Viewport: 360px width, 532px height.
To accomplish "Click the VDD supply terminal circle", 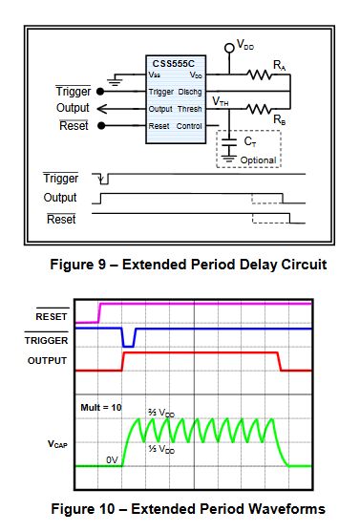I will click(x=229, y=47).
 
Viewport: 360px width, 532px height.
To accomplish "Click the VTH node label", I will click(x=221, y=100).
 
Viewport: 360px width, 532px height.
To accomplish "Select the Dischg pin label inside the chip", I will click(x=189, y=93).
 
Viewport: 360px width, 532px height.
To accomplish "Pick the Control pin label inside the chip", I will click(x=187, y=125).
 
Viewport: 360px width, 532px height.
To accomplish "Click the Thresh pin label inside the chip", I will click(x=188, y=109).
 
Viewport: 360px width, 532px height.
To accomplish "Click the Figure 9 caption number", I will click(x=119, y=264).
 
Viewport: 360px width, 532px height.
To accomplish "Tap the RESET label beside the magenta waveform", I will click(x=52, y=313).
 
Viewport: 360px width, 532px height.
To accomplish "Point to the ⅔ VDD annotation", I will click(x=161, y=413).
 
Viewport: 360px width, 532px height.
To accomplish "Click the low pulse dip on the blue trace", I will click(x=128, y=341).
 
